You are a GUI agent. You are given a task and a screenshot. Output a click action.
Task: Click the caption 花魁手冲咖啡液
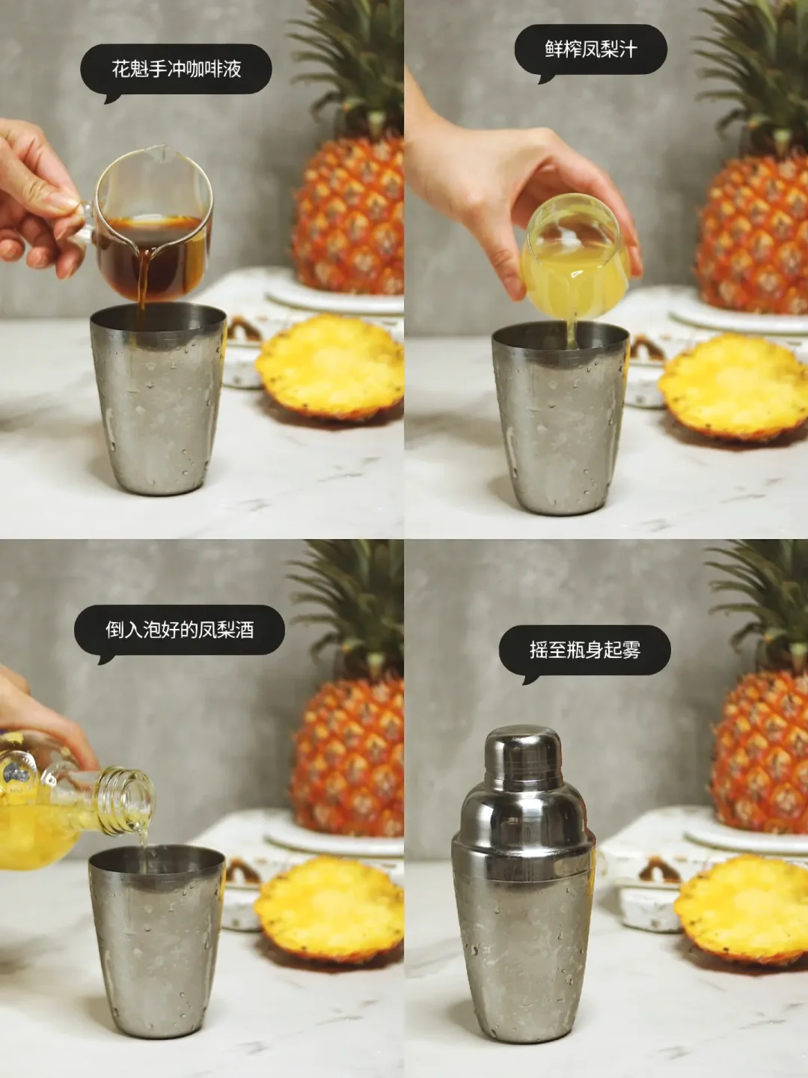177,69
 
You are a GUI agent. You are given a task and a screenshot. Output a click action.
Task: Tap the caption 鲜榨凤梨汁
591,49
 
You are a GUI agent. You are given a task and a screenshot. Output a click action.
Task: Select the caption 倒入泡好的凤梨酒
180,629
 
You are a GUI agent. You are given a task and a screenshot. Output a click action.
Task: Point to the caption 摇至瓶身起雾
585,649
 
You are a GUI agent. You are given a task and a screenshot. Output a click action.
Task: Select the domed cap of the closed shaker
523,755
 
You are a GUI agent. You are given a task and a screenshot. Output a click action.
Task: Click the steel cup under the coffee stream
158,398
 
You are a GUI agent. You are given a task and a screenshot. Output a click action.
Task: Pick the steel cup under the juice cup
560,418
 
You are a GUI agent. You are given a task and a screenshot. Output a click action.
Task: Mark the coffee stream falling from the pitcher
143,280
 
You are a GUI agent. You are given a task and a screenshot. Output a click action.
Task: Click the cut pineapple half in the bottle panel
328,909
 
